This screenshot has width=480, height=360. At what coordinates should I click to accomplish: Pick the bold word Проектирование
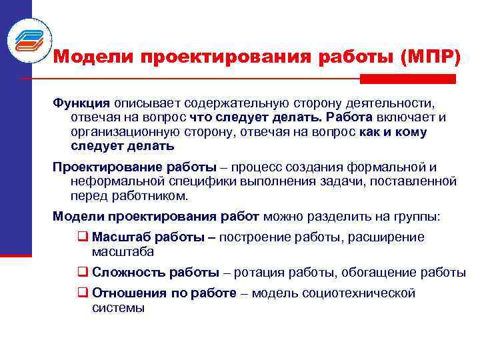click(x=100, y=167)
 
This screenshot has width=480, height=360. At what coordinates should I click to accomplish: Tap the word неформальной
click(x=114, y=181)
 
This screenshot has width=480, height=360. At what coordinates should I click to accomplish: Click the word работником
click(x=152, y=196)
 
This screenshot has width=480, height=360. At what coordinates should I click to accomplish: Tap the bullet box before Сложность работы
click(x=83, y=272)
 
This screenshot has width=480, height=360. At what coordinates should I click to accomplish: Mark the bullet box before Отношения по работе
click(x=83, y=293)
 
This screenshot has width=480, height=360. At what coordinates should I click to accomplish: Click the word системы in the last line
click(x=117, y=308)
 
